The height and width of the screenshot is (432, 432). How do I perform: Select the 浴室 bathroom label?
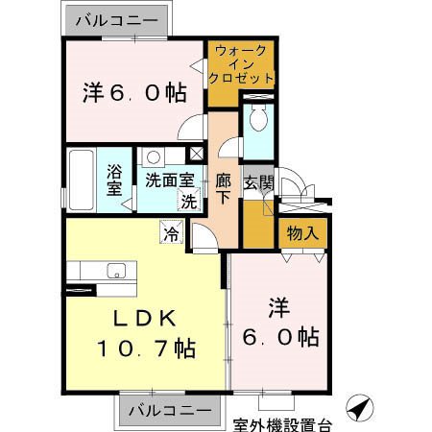pos(113,180)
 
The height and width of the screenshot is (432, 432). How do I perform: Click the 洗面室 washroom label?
pos(169,180)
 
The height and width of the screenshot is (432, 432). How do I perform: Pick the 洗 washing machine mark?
pos(190,202)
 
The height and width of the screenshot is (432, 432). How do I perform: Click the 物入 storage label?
pos(302,232)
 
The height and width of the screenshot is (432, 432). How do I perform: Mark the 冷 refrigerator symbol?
pos(172,232)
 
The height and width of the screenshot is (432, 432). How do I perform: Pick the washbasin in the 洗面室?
pos(153,156)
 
